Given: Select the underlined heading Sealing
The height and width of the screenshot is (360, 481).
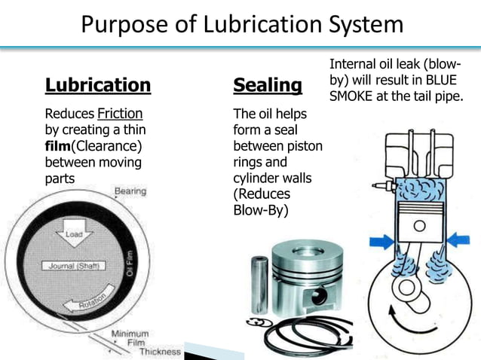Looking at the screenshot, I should [x=268, y=85].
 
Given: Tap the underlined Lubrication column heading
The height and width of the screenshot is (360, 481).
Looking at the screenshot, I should [x=98, y=85].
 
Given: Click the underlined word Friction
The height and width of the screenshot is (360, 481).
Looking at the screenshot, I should [x=120, y=114].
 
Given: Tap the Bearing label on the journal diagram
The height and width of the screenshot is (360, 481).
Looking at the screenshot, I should [x=130, y=192].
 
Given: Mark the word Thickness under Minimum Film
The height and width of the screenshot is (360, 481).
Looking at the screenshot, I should [x=160, y=351].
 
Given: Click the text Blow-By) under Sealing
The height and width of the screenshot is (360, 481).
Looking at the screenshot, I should [x=261, y=210].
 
